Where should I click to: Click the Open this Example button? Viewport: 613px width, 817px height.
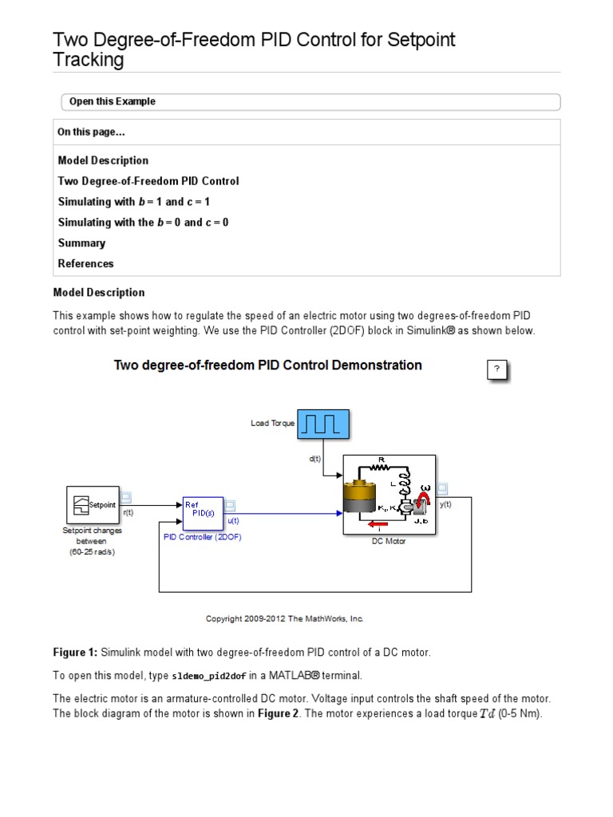pos(113,102)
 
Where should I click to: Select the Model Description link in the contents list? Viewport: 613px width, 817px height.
pos(103,160)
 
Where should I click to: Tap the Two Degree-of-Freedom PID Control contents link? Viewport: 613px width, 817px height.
pos(148,181)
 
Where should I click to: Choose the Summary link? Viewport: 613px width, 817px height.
pos(81,243)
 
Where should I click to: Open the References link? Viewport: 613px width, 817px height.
pos(85,264)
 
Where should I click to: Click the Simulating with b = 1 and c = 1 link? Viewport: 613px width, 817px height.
pos(133,202)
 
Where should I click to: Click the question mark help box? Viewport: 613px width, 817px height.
pos(496,369)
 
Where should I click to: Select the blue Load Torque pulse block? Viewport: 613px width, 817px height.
pos(323,424)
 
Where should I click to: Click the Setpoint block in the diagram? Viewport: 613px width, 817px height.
pos(93,504)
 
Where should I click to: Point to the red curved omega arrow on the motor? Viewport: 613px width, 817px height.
pos(424,499)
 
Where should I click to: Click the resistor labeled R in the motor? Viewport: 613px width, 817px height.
pos(382,466)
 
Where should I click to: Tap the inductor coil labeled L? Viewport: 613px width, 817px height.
pos(405,483)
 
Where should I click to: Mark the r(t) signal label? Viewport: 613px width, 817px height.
pos(129,513)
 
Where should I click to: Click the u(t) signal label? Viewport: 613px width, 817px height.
pos(233,520)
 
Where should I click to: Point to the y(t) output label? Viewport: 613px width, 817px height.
pos(445,504)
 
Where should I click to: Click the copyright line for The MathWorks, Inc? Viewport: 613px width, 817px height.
pos(285,618)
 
